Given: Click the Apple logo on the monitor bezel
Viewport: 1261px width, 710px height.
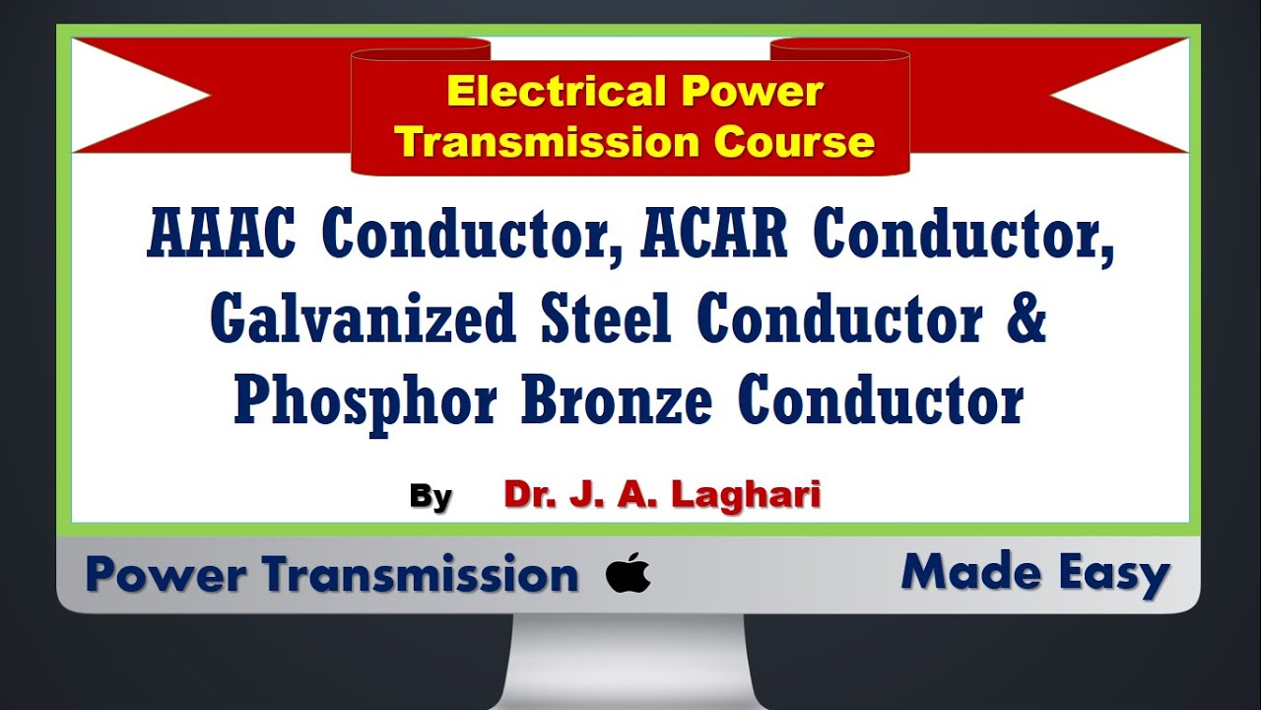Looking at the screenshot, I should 629,573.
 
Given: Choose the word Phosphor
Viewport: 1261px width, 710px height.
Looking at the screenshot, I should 365,402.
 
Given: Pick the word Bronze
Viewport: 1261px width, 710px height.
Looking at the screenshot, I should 617,400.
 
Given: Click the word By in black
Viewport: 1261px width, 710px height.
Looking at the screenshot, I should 431,497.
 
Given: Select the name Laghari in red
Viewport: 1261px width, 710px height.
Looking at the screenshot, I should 746,494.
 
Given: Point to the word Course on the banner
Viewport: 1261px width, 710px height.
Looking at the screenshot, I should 794,142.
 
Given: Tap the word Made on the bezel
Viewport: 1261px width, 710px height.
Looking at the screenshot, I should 970,572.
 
